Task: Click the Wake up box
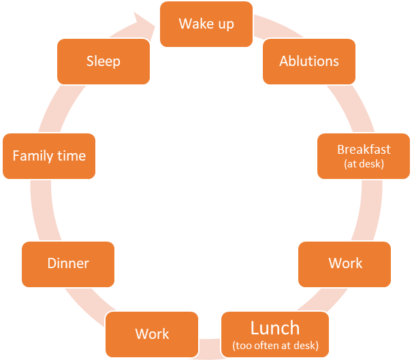coord(206,24)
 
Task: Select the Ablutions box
coord(308,61)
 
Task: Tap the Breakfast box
coord(364,155)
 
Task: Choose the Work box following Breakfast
coord(345,263)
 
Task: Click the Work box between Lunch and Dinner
coord(152,333)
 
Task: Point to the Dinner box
coord(68,263)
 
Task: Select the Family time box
coord(49,156)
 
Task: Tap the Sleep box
coord(103,61)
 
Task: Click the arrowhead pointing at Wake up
coord(146,22)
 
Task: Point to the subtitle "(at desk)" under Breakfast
coord(364,163)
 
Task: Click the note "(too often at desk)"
coord(275,345)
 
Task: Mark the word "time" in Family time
coord(71,156)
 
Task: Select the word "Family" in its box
coord(33,156)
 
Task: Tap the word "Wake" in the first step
coord(195,24)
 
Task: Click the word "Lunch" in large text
coord(275,328)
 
